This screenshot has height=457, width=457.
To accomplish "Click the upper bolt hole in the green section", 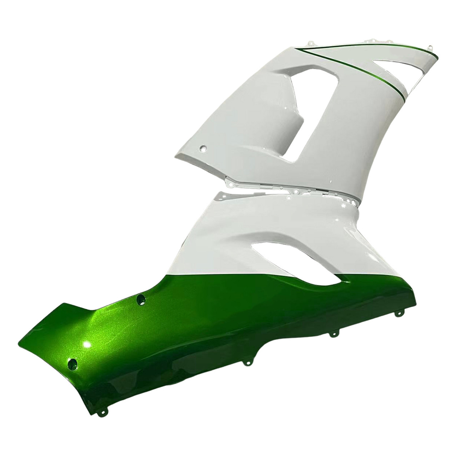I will click(142, 299).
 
